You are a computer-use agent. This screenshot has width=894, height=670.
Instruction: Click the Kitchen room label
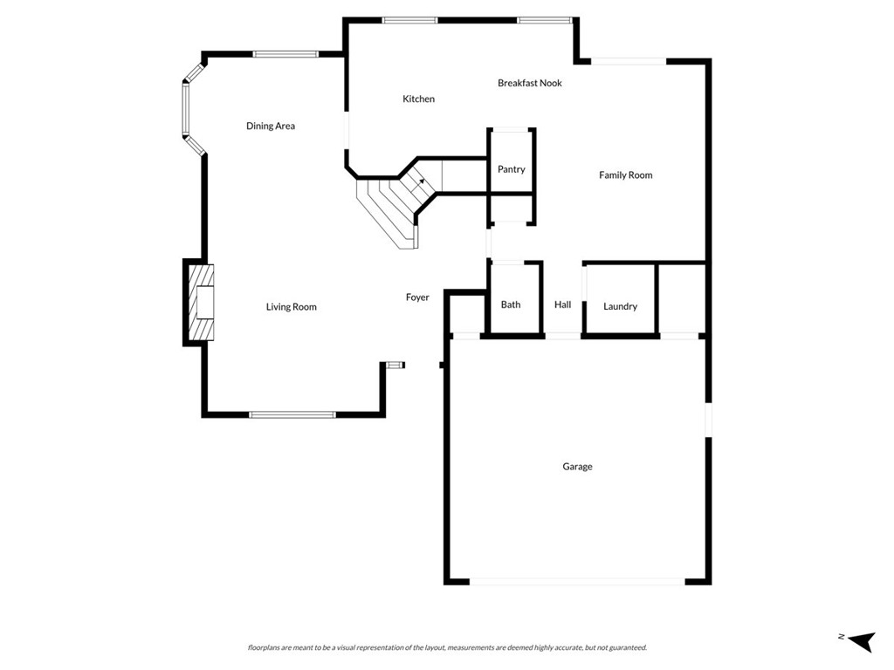[x=418, y=99]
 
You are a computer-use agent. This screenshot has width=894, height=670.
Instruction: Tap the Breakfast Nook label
[x=530, y=84]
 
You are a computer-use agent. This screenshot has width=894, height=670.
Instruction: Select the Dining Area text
[x=271, y=126]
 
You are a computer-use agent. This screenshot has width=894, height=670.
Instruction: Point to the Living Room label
[x=292, y=307]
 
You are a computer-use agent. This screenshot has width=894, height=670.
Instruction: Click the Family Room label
[x=625, y=175]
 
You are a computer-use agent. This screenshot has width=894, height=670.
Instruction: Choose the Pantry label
[x=512, y=169]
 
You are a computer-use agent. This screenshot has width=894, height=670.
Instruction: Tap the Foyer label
[x=417, y=297]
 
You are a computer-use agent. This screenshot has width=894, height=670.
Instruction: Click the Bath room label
[x=511, y=304]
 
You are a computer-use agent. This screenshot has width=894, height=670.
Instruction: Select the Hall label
[x=562, y=304]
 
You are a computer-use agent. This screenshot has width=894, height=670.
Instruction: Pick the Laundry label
[x=620, y=306]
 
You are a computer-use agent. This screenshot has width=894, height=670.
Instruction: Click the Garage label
[x=577, y=467]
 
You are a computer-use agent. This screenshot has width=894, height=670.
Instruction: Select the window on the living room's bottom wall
[x=292, y=414]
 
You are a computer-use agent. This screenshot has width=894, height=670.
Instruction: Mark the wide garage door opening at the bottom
[x=577, y=581]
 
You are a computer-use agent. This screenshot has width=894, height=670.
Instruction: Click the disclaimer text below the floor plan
[x=447, y=647]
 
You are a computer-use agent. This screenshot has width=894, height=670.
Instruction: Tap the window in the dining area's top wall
[x=285, y=54]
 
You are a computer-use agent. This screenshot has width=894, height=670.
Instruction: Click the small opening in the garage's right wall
[x=708, y=419]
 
